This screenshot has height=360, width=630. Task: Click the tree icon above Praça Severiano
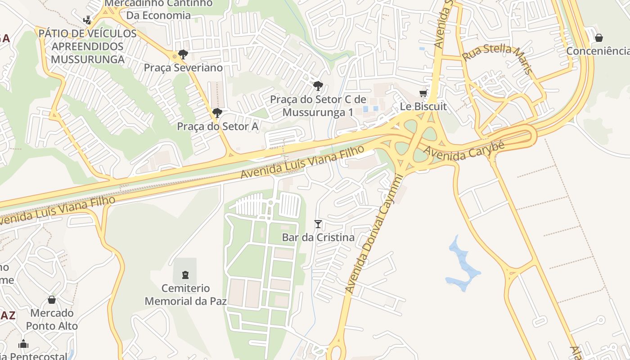pos(183,54)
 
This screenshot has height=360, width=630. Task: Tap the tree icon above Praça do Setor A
pos(217,113)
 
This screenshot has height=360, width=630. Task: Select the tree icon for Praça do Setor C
pos(318,85)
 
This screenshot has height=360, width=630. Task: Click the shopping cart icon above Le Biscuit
pos(423,93)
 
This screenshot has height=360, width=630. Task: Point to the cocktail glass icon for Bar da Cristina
pos(318,224)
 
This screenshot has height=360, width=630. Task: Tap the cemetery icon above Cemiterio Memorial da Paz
pos(185,274)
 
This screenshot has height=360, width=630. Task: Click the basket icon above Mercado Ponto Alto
pos(52,300)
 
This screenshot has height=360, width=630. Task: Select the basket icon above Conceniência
pos(599,38)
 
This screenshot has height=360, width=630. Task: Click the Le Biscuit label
pos(423,107)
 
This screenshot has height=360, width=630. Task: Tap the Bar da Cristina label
pos(318,237)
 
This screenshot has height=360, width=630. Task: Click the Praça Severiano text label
pos(183,67)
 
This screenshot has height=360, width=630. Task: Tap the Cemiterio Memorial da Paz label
pos(185,294)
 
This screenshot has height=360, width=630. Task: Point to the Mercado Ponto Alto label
pos(52,319)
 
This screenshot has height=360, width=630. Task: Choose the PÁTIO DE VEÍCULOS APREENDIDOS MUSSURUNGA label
pos(87,46)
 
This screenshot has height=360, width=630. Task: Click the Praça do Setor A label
pos(217,126)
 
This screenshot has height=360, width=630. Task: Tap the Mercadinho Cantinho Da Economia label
pos(158,9)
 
